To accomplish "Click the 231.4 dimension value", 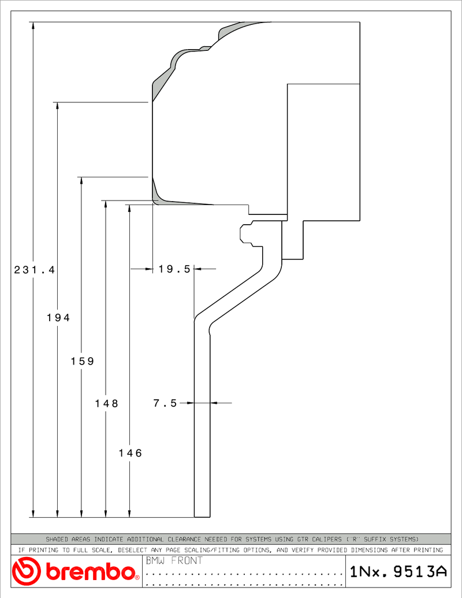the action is click(35, 270).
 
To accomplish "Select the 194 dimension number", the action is click(59, 317).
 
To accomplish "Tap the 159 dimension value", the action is click(83, 361).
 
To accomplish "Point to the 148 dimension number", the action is click(107, 403).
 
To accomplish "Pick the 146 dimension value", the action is click(131, 453).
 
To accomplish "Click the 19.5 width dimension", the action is click(174, 269).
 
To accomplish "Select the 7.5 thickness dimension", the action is click(165, 403).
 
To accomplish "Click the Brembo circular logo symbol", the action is click(26, 571).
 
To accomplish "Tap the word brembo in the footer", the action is click(91, 571).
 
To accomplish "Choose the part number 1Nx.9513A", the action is click(398, 571).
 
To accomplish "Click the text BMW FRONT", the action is click(174, 560).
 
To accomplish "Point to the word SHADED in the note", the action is click(57, 539).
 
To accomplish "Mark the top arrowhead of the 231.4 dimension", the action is click(33, 26).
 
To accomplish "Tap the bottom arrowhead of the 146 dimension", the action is click(129, 513).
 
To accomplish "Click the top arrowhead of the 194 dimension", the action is click(58, 106).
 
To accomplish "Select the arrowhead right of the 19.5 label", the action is click(198, 269).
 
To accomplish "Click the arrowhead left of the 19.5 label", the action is click(148, 269).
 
